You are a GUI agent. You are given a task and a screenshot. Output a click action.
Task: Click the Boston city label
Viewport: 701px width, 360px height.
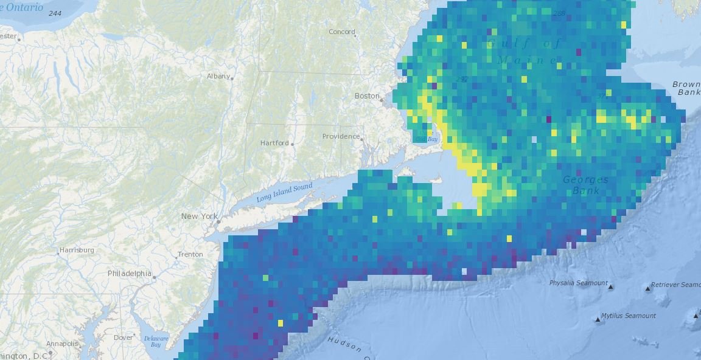(x=367, y=96)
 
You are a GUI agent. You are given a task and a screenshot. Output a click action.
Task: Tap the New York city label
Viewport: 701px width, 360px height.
(x=199, y=216)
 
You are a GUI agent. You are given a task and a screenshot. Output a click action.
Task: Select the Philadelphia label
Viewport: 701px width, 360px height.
(x=129, y=274)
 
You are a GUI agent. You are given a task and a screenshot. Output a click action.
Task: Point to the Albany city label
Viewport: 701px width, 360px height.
(x=218, y=76)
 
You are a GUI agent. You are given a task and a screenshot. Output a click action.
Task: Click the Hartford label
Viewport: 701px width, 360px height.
(x=274, y=143)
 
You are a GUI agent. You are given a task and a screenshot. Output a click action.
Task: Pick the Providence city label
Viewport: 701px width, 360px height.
(x=341, y=136)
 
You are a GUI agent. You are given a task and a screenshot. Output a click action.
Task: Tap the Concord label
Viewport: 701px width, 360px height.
(x=341, y=32)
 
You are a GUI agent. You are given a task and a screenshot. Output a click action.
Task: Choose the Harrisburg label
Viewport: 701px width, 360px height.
(x=77, y=250)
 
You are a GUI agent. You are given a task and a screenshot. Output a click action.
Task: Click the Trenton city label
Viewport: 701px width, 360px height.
(x=190, y=254)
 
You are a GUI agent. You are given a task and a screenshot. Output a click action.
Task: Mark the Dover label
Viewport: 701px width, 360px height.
(x=124, y=337)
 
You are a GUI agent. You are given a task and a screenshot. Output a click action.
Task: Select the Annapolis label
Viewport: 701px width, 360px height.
(x=63, y=344)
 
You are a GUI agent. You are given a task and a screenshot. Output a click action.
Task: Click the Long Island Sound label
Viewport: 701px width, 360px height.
(x=284, y=193)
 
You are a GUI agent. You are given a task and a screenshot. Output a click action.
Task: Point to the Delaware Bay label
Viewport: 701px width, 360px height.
(x=155, y=342)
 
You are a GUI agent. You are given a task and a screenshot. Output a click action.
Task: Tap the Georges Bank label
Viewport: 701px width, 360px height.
(x=585, y=185)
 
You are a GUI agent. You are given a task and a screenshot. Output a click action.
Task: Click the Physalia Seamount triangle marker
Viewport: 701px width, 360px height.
(x=611, y=287)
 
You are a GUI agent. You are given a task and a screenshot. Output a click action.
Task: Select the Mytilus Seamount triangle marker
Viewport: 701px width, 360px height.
(x=598, y=319)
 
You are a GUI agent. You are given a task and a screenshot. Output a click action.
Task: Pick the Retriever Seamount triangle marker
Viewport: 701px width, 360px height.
(x=647, y=288)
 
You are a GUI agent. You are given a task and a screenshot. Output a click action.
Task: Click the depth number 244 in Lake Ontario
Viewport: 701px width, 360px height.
(x=55, y=13)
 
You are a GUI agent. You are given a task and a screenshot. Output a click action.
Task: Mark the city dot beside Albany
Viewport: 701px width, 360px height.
(x=232, y=78)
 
